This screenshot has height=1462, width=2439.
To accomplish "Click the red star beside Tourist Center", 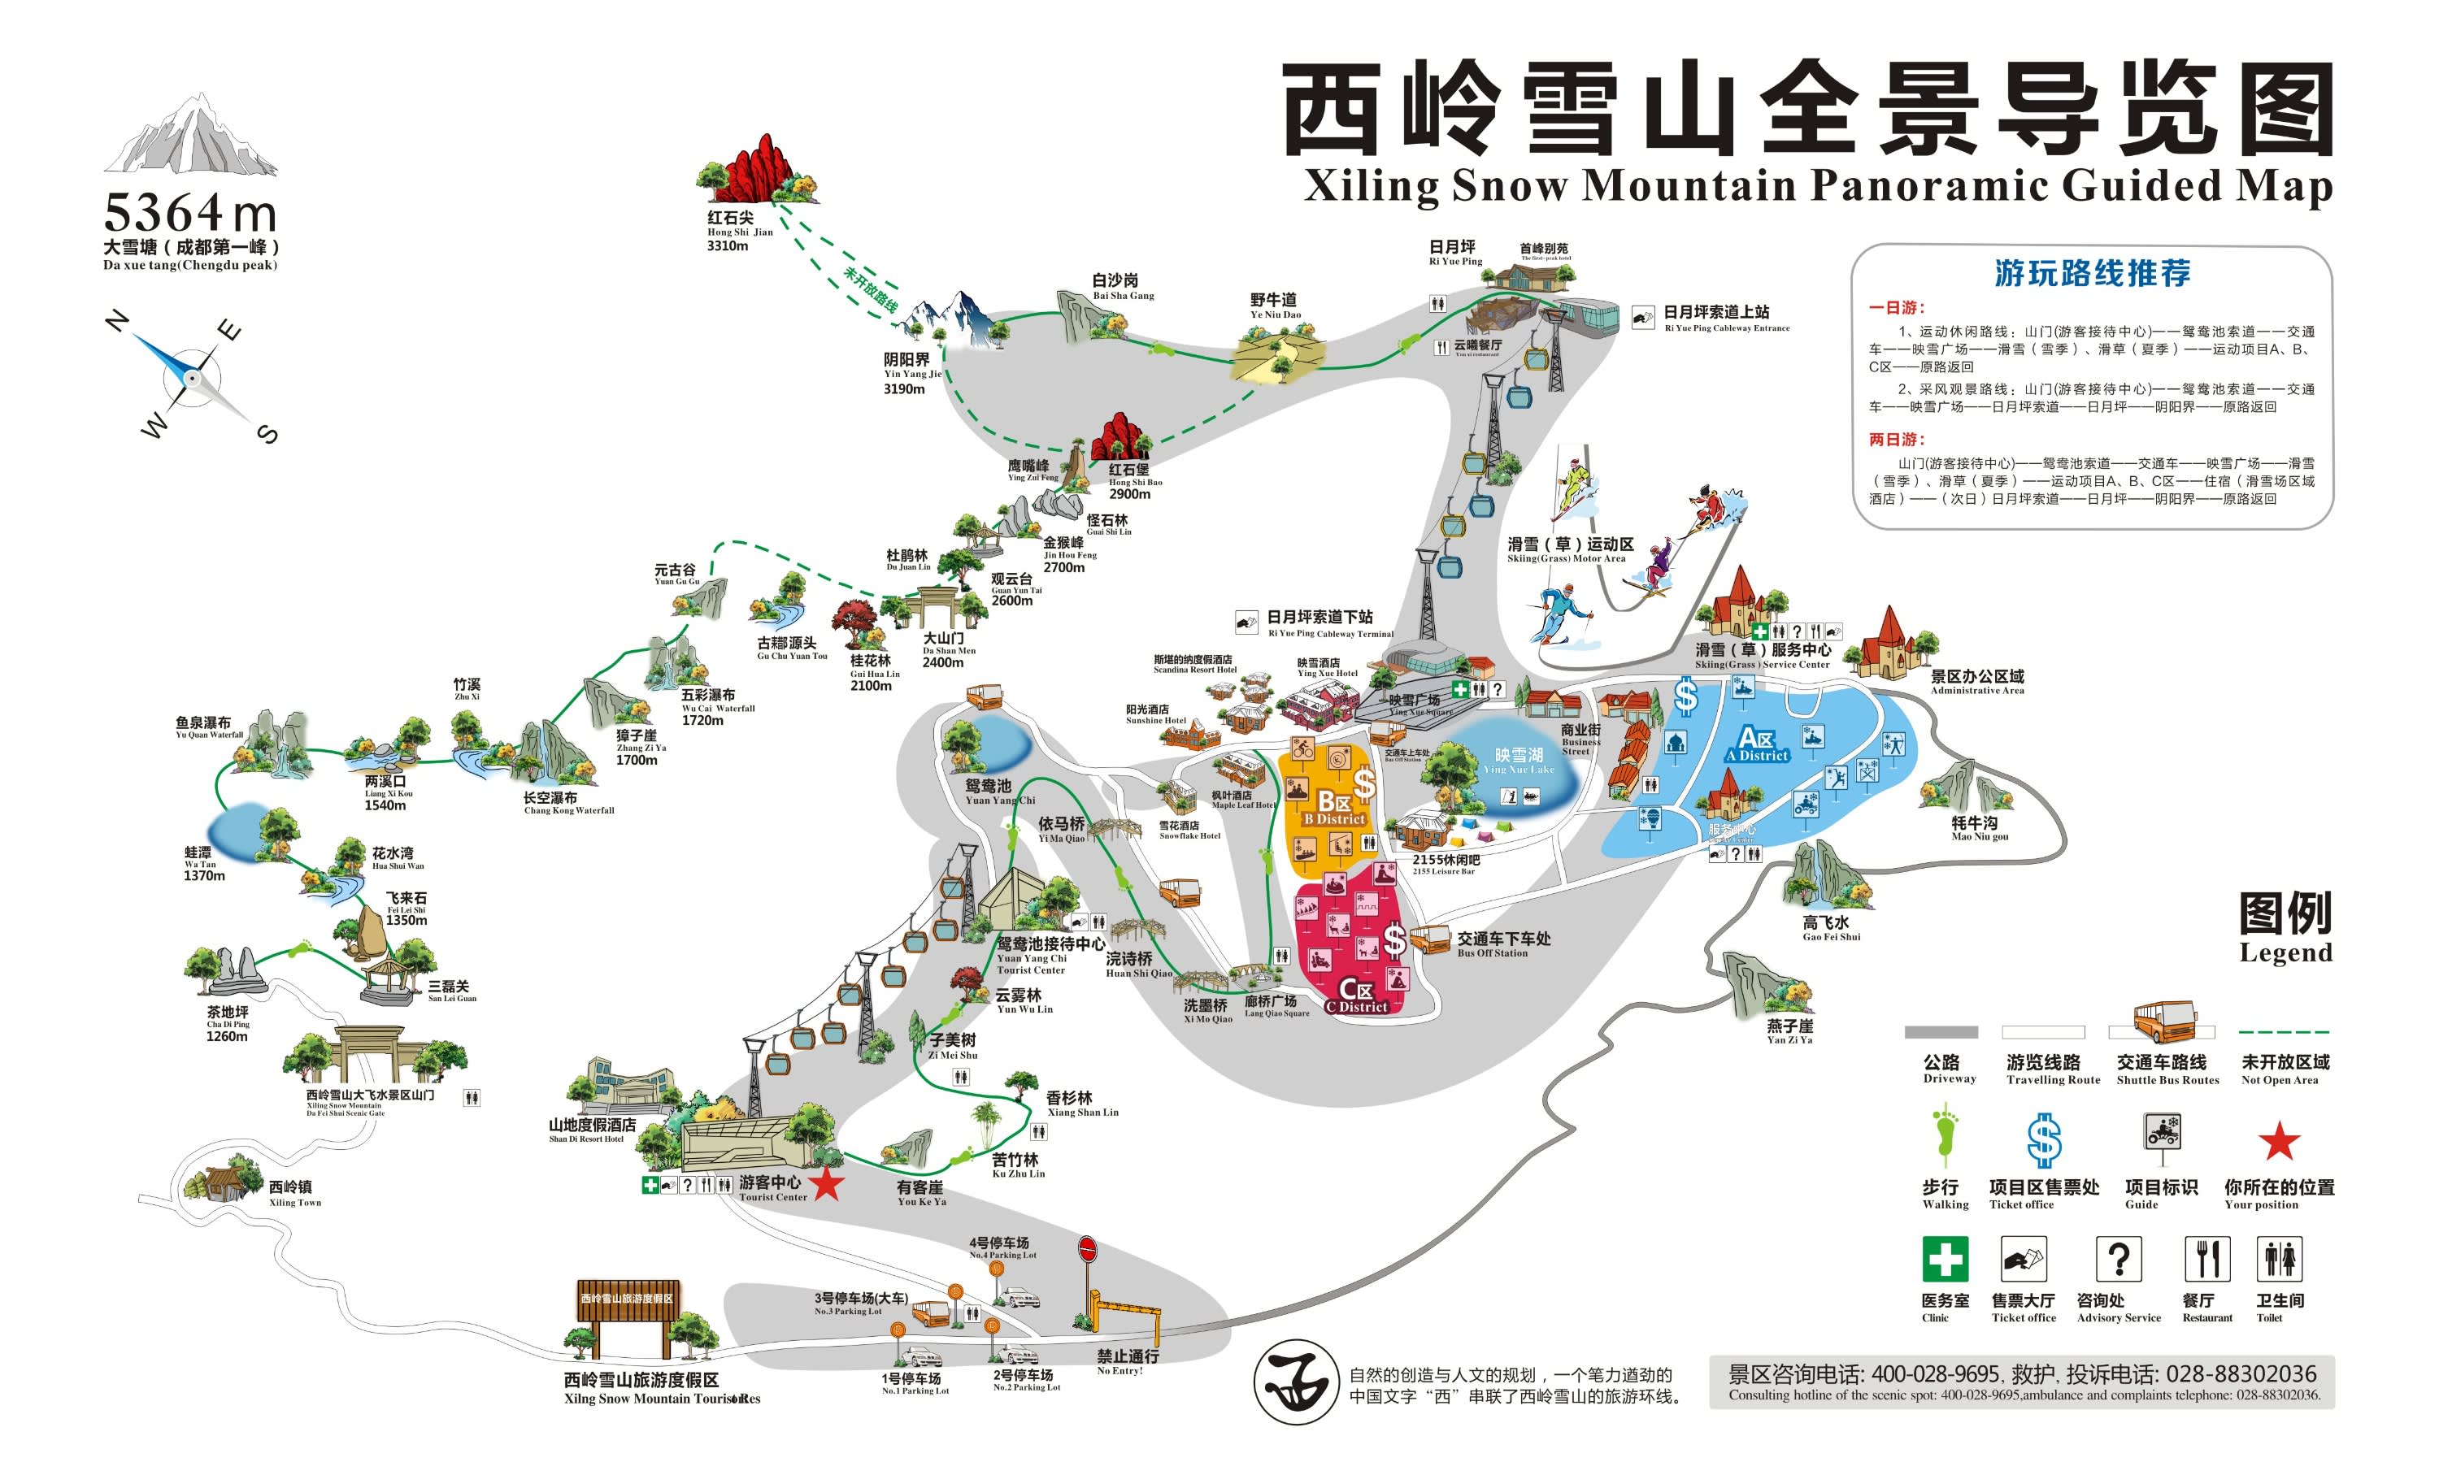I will coord(827,1184).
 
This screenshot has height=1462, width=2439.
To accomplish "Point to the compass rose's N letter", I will coord(116,321).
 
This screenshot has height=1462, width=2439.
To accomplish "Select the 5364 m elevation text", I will coord(189,213).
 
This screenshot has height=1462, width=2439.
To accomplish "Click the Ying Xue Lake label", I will coord(1519,760).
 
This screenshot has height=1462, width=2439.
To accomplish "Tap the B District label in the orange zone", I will coord(1334,808).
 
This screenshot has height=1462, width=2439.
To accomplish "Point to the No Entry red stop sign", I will coord(1088,1249).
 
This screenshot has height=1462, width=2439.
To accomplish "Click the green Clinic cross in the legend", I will coord(1945,1259).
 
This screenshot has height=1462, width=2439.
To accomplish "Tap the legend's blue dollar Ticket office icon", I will coord(2043,1140).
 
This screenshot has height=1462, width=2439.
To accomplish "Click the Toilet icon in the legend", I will coord(2280,1259).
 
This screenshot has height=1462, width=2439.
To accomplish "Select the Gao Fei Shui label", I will coord(1830,928).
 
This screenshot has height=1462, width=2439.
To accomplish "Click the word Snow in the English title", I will coord(1509,186).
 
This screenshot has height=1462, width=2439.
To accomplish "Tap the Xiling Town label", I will coord(293,1192).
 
